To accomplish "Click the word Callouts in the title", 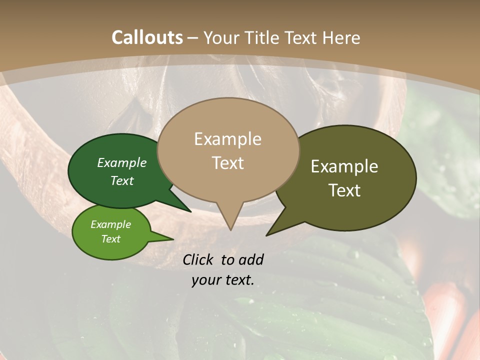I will [x=147, y=37].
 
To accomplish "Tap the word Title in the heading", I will [x=263, y=37].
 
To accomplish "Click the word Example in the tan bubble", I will [x=227, y=139].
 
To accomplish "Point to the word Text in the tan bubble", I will [x=227, y=163].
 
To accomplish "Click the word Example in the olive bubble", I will [x=344, y=166].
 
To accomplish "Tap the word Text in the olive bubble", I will [x=344, y=190].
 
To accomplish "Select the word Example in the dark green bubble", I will [x=122, y=163].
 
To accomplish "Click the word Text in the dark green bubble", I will [x=122, y=181].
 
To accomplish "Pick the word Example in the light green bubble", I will [x=110, y=224].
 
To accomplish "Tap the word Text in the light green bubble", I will [x=110, y=239].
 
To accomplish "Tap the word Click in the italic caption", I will [x=198, y=260].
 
